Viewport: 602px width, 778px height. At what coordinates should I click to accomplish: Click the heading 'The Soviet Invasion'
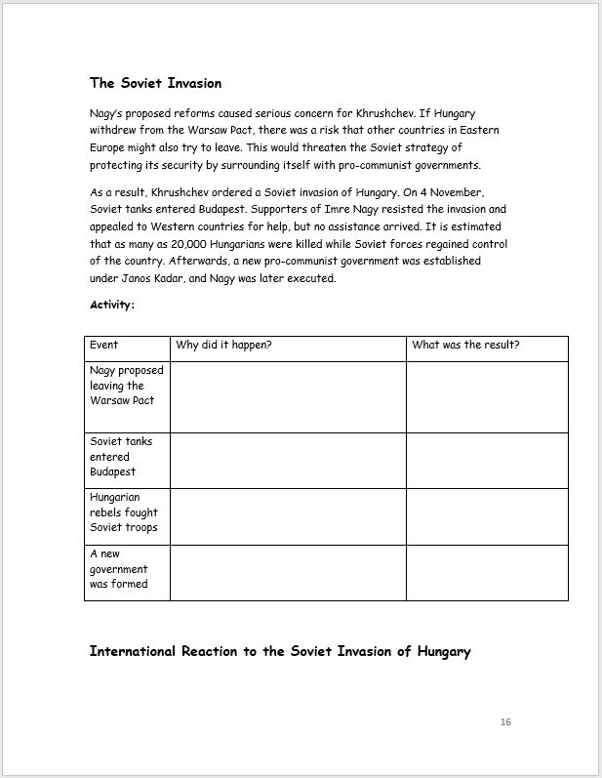155,83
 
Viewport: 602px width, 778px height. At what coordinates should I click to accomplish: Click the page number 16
504,722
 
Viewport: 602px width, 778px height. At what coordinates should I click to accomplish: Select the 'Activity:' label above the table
112,305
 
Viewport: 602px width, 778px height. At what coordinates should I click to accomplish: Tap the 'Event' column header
103,345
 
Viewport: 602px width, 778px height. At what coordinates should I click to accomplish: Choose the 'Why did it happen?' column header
223,345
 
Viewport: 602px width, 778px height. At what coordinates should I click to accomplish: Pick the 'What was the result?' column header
465,345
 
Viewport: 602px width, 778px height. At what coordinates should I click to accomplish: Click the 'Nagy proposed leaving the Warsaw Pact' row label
127,386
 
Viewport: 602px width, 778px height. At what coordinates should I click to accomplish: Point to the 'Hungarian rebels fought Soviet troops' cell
124,512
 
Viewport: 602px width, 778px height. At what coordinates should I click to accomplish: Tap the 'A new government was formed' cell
119,569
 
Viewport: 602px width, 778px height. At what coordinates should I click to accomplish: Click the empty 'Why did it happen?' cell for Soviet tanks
288,461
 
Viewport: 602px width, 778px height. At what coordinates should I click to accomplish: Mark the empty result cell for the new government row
487,572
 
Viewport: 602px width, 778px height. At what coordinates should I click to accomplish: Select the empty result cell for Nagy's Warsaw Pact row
487,396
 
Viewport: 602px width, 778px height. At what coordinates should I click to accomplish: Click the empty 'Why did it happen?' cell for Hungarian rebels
288,516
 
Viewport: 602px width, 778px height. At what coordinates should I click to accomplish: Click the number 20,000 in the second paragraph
214,244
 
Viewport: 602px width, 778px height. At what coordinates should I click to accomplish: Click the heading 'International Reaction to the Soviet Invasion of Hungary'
280,651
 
